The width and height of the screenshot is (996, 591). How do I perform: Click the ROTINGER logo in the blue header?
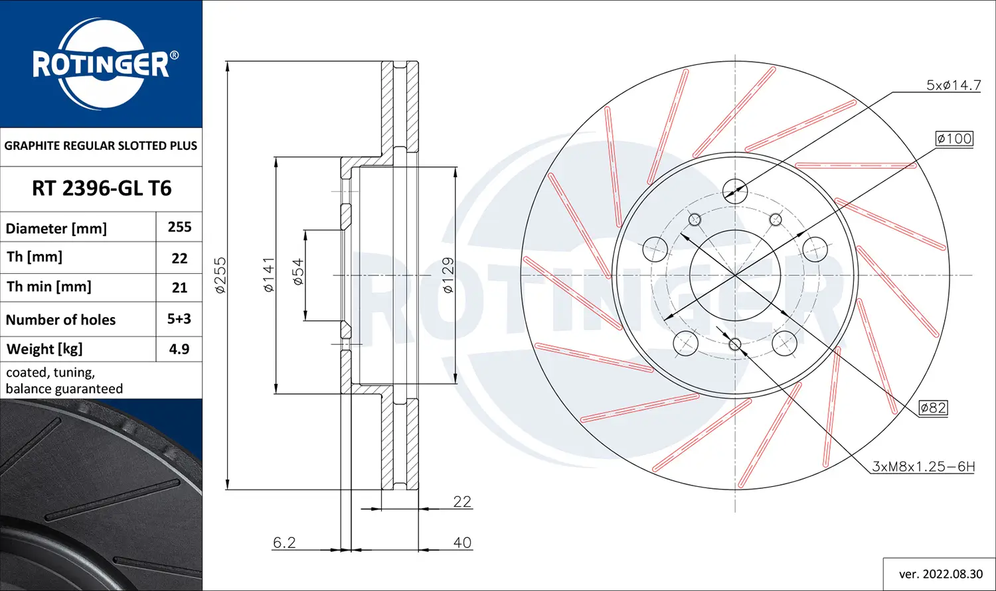tap(101, 64)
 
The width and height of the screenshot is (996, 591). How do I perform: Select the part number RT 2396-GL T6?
tap(102, 188)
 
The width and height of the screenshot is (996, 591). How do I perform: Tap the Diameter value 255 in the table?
tap(179, 227)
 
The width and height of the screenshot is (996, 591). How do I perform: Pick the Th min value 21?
tap(179, 288)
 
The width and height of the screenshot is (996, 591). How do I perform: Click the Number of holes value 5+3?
tap(179, 319)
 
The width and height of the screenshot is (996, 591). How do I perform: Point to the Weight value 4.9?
tap(179, 349)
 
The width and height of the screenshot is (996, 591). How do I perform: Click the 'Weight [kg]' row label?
tap(44, 349)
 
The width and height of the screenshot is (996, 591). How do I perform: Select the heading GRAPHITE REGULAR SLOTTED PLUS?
tap(101, 146)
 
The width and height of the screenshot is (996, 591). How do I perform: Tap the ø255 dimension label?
tap(220, 275)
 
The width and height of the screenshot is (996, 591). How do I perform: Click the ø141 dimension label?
tap(269, 275)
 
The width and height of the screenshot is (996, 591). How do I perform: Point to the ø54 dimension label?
tap(298, 273)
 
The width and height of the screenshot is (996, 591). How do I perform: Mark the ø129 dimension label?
tap(448, 275)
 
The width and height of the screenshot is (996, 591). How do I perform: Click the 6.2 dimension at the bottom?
tap(284, 543)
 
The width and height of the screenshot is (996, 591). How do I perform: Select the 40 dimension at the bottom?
tap(462, 543)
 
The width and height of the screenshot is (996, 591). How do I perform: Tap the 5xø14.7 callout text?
tap(954, 86)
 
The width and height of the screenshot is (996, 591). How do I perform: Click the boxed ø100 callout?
tap(954, 139)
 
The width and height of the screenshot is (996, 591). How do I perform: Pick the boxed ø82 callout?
tap(933, 408)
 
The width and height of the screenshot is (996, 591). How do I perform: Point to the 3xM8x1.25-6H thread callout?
tap(923, 467)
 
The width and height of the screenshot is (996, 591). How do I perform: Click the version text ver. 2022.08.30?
tap(940, 574)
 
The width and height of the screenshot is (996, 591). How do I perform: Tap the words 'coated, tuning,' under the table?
tap(50, 373)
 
